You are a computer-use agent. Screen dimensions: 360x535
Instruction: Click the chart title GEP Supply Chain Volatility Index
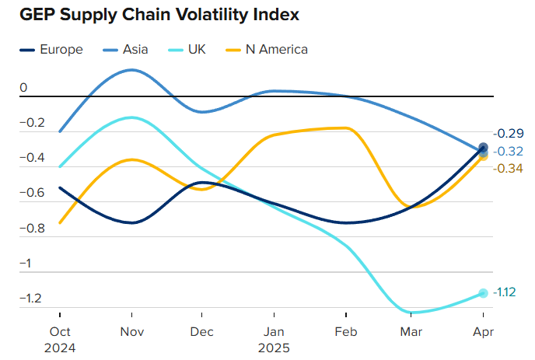point(159,15)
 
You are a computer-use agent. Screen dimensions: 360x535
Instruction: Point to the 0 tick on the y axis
point(24,88)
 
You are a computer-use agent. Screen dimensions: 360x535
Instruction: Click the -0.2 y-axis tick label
point(33,123)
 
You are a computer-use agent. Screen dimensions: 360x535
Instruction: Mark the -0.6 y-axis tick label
point(33,193)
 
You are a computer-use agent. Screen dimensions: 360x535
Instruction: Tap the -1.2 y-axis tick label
point(33,298)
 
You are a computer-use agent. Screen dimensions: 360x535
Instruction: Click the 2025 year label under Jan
point(273,348)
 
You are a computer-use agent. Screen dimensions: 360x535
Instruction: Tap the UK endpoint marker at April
point(483,293)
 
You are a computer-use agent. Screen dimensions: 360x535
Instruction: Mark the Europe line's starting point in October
point(60,187)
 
